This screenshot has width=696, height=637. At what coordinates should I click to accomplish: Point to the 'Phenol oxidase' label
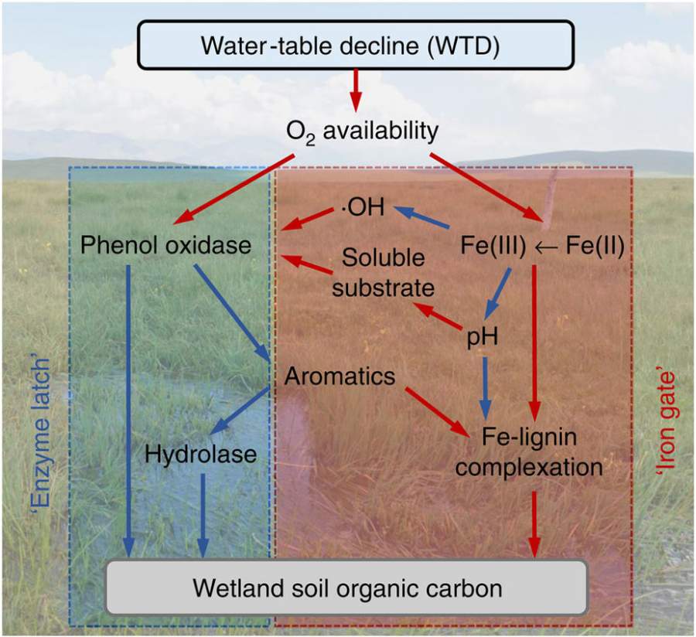tap(166, 246)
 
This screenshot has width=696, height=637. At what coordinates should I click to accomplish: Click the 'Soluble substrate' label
tap(384, 274)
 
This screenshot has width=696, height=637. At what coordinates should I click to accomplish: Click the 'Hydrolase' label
tap(200, 455)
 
